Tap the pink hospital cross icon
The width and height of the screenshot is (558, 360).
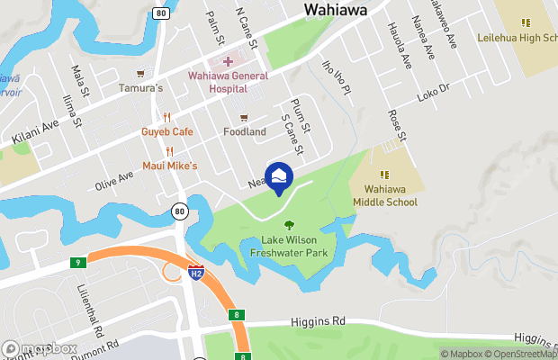(227, 61)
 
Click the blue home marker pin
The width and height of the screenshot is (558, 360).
(279, 175)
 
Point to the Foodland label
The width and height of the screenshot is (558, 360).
(244, 131)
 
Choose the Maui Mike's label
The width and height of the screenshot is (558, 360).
(169, 166)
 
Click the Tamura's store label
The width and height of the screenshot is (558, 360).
(140, 88)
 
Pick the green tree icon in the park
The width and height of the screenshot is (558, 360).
(289, 225)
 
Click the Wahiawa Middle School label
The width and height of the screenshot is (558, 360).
(390, 195)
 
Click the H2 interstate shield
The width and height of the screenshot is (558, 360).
(195, 270)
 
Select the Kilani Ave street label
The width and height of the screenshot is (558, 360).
(35, 131)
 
